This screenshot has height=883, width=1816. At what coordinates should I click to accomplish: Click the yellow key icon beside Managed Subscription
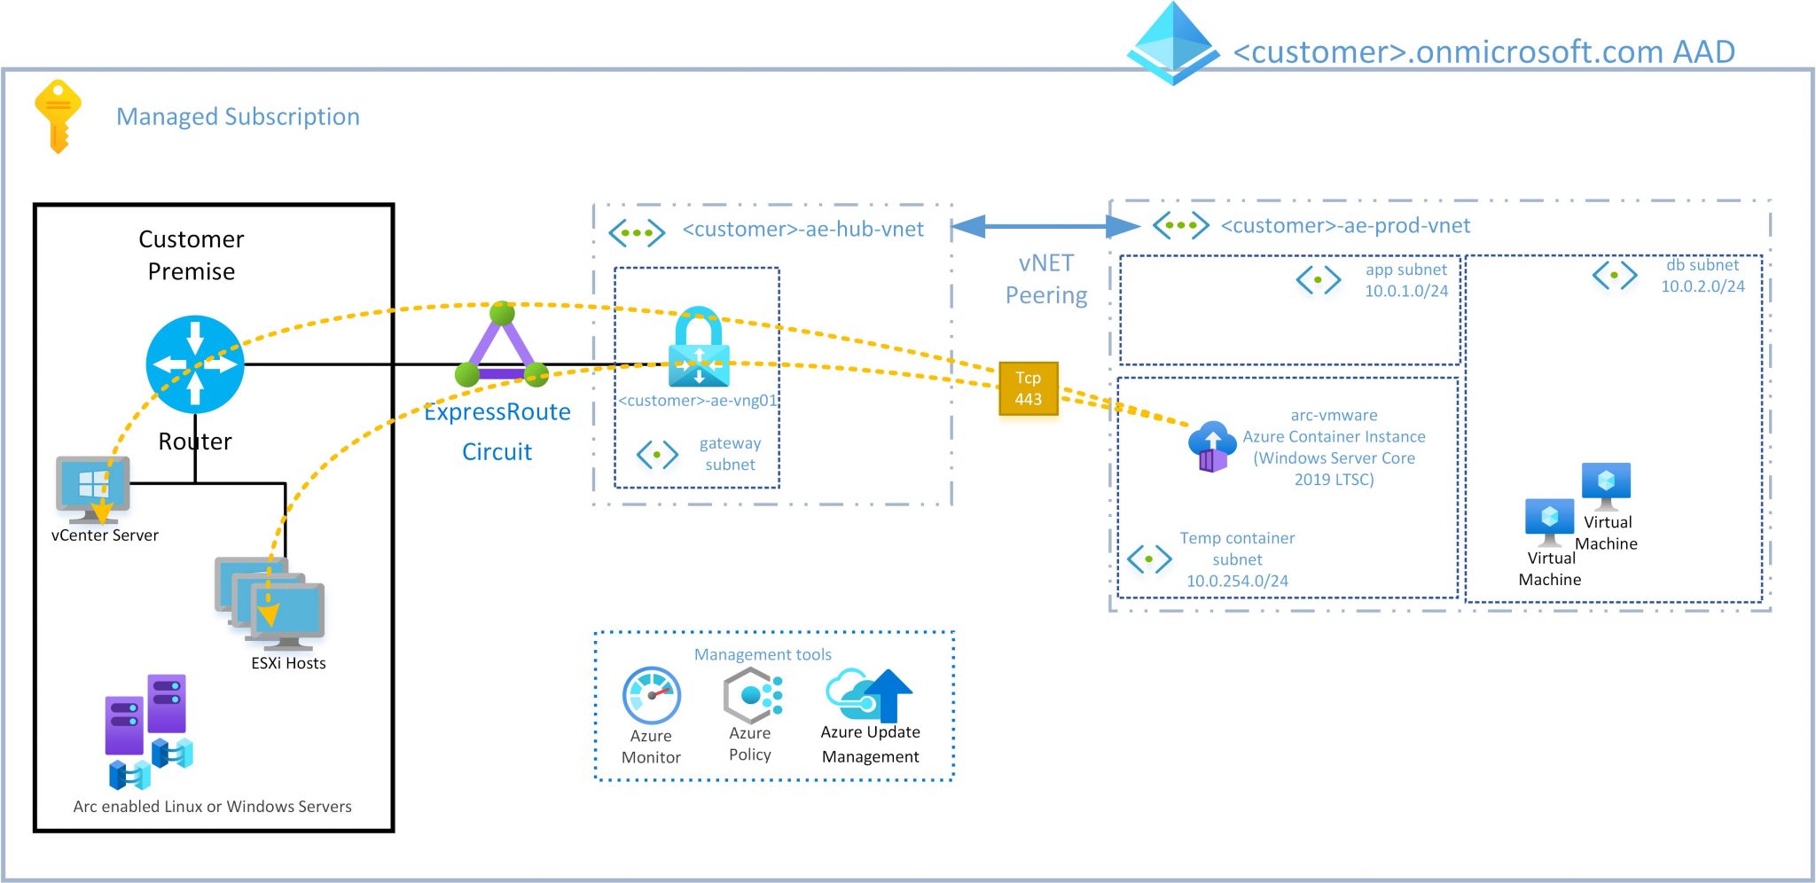[x=58, y=116]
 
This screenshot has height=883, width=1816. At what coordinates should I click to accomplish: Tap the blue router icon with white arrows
[x=195, y=364]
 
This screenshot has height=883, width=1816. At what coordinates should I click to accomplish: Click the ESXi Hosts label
[x=288, y=663]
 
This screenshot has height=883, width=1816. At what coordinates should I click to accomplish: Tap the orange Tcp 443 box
[x=1028, y=388]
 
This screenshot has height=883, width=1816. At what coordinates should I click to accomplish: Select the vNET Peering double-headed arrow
[x=1045, y=227]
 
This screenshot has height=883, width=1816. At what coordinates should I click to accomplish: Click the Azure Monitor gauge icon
[x=652, y=696]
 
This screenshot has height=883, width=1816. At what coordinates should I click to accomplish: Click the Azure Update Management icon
[x=869, y=695]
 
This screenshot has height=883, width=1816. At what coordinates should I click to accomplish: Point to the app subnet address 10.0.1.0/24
[x=1405, y=291]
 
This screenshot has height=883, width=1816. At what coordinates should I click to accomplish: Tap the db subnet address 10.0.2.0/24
[x=1702, y=286]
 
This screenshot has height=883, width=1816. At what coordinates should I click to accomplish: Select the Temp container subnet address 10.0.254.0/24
[x=1237, y=581]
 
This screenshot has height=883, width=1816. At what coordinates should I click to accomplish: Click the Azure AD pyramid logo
[x=1173, y=43]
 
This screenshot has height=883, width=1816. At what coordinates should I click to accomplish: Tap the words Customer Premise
[x=192, y=255]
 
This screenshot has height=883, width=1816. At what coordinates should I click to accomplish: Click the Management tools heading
[x=763, y=654]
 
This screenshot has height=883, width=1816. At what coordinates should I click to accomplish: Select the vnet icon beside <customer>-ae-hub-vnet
[x=637, y=233]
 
